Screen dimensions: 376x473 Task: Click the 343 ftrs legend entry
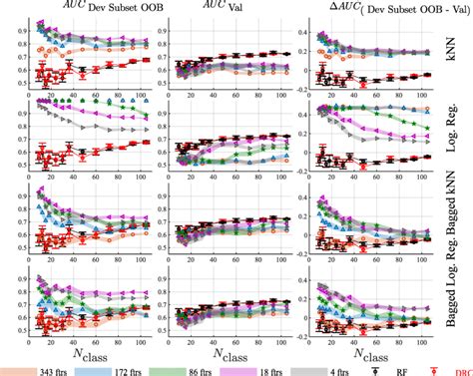click(x=45, y=368)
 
